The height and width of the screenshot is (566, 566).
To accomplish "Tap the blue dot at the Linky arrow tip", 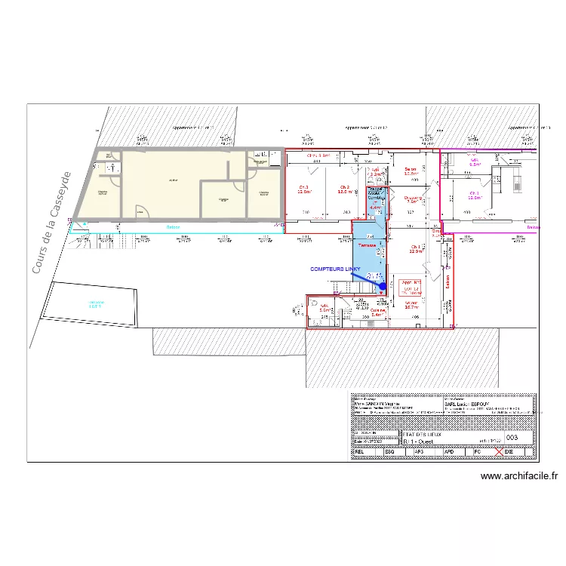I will [x=382, y=286].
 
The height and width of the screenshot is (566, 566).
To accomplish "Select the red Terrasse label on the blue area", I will [x=367, y=246].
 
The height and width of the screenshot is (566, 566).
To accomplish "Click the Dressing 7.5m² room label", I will [x=412, y=199].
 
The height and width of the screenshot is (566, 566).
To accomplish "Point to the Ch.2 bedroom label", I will [x=344, y=189].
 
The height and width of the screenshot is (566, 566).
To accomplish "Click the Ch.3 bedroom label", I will [x=304, y=189].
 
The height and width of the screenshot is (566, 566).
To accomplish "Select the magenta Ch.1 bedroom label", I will [x=475, y=195].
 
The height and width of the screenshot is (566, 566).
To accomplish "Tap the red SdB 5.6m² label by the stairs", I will [x=325, y=308].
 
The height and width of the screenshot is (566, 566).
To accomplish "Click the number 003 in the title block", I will [x=512, y=437].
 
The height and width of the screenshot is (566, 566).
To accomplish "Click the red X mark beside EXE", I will [x=498, y=452].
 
